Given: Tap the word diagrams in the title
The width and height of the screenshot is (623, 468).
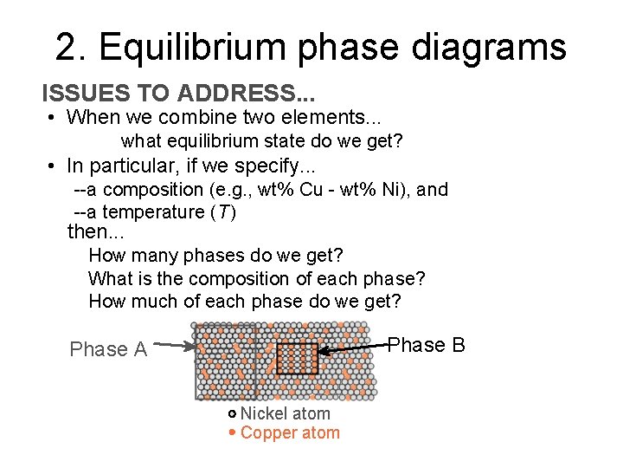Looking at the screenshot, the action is (x=485, y=47).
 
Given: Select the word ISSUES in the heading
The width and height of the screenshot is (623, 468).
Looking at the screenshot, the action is (x=79, y=94).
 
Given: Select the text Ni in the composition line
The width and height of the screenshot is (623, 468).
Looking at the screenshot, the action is (x=389, y=190).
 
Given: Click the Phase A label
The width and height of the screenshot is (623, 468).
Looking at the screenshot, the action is (x=108, y=349).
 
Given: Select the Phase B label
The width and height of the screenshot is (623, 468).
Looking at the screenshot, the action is (x=426, y=345).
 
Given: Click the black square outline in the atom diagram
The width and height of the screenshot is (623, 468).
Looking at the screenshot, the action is (x=297, y=357).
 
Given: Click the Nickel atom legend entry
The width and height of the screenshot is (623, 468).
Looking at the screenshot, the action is (x=285, y=414).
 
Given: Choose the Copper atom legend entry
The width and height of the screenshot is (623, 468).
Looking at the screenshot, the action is (x=289, y=433).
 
